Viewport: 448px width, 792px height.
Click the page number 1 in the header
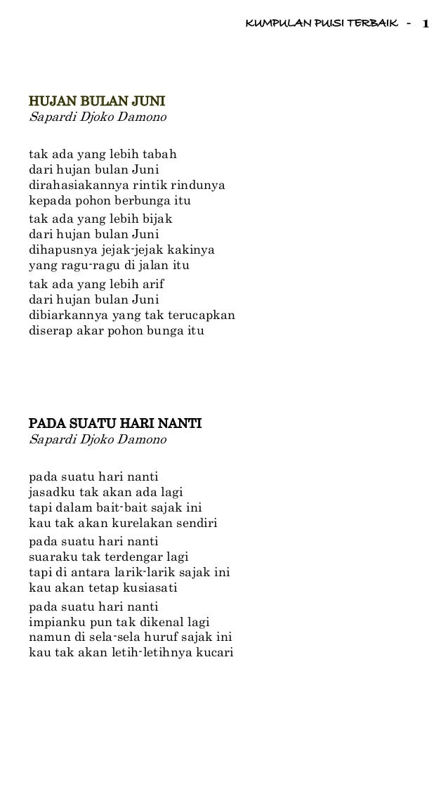(x=426, y=25)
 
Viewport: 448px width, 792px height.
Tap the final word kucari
(x=214, y=653)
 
